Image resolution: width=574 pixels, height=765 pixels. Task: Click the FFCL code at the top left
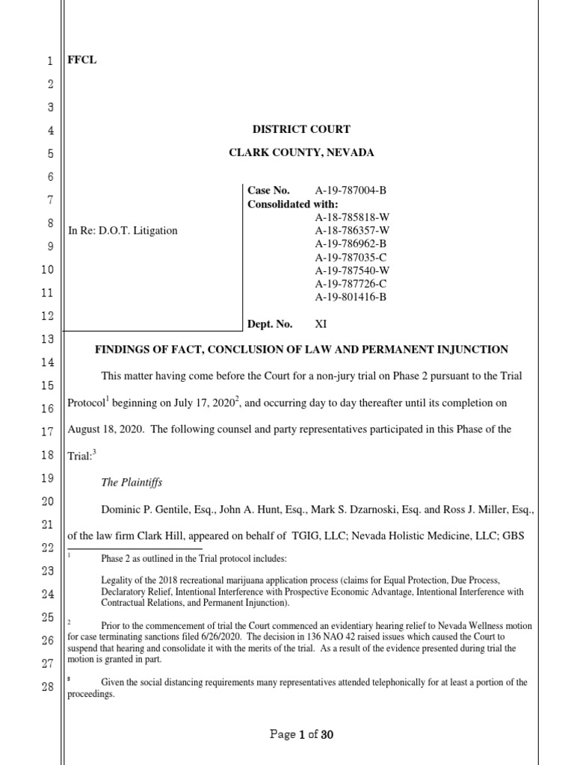[82, 61]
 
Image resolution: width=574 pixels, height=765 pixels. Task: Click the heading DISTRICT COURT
[301, 129]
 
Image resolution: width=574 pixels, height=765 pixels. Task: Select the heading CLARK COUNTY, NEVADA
[301, 152]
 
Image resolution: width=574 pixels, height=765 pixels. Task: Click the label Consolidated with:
[292, 204]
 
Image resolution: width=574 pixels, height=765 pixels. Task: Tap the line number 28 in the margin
[48, 687]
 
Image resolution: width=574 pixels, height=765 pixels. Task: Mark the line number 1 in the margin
[49, 62]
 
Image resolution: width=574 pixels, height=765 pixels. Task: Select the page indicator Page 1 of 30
[301, 734]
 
